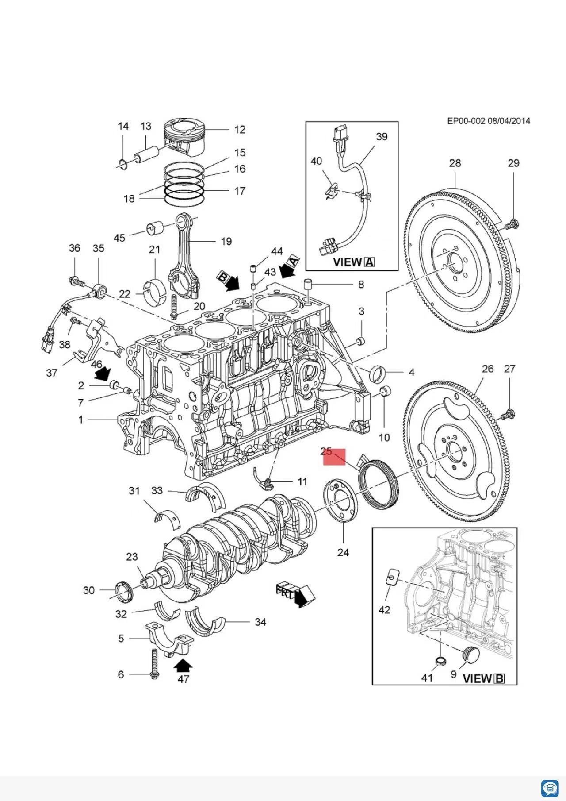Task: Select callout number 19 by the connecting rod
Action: coord(226,241)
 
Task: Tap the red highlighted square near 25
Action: coord(334,457)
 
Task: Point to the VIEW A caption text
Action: coord(353,262)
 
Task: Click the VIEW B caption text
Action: coord(483,678)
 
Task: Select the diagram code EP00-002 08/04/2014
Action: coord(489,121)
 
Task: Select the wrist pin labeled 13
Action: coord(146,153)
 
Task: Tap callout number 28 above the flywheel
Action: coord(455,163)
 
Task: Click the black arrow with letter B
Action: coord(228,281)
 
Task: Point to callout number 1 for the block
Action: coord(81,419)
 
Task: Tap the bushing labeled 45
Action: coord(154,227)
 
